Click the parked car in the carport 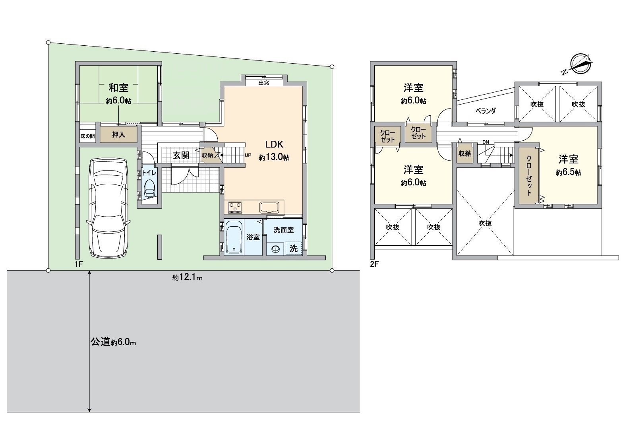click(108, 208)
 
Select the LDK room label click(274, 144)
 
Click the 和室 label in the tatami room click(118, 87)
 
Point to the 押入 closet click(118, 135)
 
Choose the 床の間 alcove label click(87, 136)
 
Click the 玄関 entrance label click(181, 155)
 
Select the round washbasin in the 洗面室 click(275, 249)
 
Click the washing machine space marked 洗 click(293, 249)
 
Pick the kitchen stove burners click(235, 207)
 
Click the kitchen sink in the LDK click(270, 207)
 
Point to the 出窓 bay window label click(264, 83)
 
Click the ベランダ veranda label click(486, 111)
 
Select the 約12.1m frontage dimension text click(188, 278)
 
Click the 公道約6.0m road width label click(114, 342)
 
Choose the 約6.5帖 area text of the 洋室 click(569, 173)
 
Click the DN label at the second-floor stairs click(486, 142)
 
